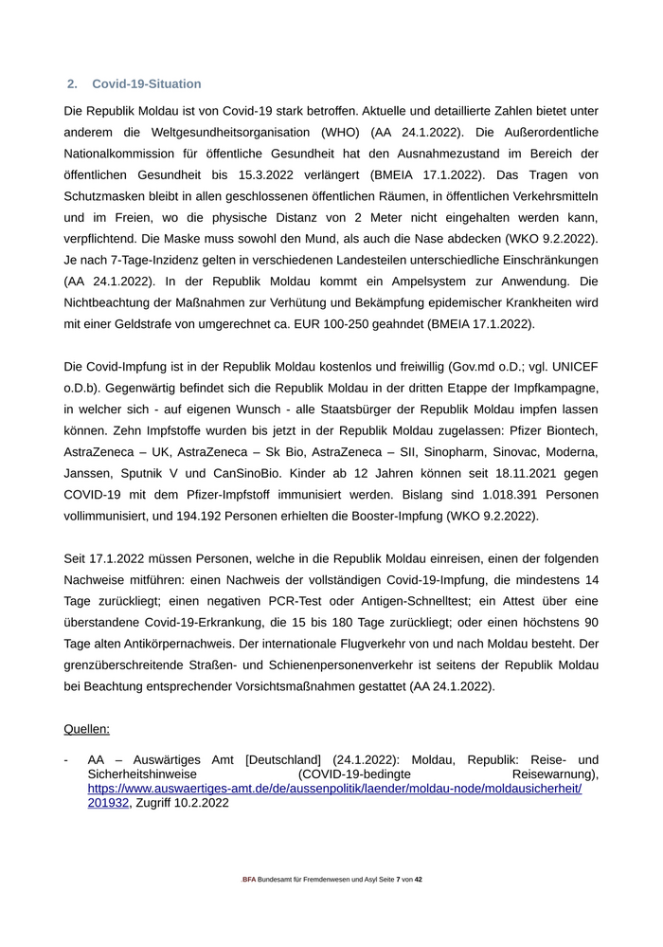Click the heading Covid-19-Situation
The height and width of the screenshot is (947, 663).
point(146,84)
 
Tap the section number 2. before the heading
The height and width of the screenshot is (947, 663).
point(73,84)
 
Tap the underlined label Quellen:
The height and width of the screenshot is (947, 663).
point(86,729)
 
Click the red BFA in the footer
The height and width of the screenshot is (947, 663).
point(249,880)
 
